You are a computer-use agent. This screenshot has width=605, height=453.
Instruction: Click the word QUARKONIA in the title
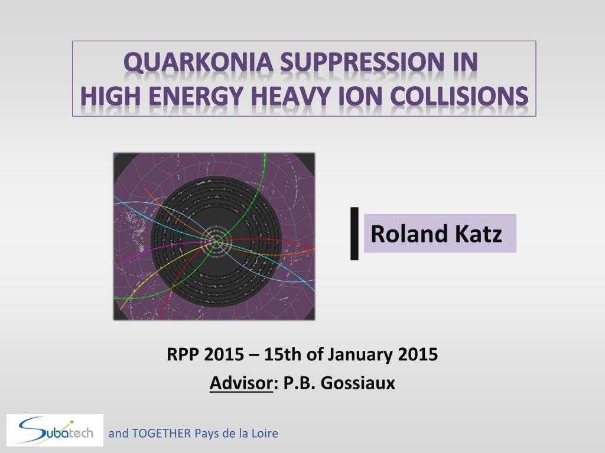pyautogui.click(x=199, y=62)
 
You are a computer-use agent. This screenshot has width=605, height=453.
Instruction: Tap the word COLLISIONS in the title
pyautogui.click(x=459, y=96)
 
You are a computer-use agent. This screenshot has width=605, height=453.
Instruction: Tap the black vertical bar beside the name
pyautogui.click(x=354, y=234)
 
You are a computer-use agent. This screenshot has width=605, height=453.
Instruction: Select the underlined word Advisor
pyautogui.click(x=241, y=383)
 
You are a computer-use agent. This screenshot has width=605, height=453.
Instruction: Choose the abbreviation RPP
pyautogui.click(x=183, y=354)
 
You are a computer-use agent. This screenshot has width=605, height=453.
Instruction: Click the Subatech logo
pyautogui.click(x=55, y=430)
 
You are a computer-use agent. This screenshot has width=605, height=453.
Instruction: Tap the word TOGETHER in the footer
pyautogui.click(x=161, y=434)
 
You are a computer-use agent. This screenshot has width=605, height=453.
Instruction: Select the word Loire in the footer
pyautogui.click(x=265, y=434)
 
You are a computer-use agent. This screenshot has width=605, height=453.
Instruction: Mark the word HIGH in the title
pyautogui.click(x=110, y=96)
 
